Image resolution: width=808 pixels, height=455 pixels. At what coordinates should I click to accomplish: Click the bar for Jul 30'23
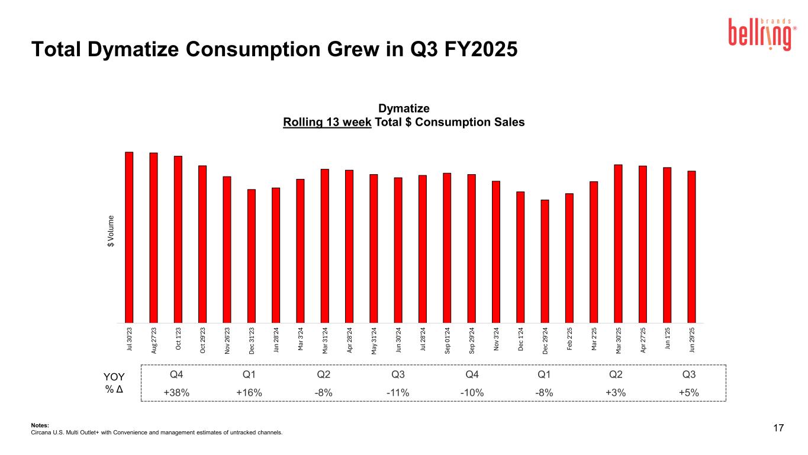[x=129, y=237]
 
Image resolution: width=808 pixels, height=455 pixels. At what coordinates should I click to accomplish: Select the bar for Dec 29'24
[x=545, y=261]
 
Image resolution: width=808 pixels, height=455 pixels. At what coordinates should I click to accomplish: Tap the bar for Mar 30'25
[x=618, y=243]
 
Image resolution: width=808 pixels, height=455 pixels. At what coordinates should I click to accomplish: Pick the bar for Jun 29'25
[x=691, y=246]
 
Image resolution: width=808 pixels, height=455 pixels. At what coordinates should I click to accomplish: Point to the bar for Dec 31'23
[x=252, y=255]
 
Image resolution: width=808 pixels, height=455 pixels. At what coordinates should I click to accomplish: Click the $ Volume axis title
[x=111, y=234]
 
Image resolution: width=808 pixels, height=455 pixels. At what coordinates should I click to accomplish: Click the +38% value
[x=176, y=393]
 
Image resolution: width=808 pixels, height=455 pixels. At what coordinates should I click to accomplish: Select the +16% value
[x=249, y=393]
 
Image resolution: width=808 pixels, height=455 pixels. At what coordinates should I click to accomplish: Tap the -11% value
[x=398, y=393]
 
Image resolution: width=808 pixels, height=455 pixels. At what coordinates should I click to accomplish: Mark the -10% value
[x=472, y=393]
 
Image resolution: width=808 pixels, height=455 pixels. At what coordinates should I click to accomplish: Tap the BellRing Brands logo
[x=759, y=34]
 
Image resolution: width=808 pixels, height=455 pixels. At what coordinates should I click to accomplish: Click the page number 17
[x=778, y=428]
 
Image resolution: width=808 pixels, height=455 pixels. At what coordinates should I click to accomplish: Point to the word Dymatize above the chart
[x=404, y=108]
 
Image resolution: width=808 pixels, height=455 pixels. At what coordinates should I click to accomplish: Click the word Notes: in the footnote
[x=40, y=424]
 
